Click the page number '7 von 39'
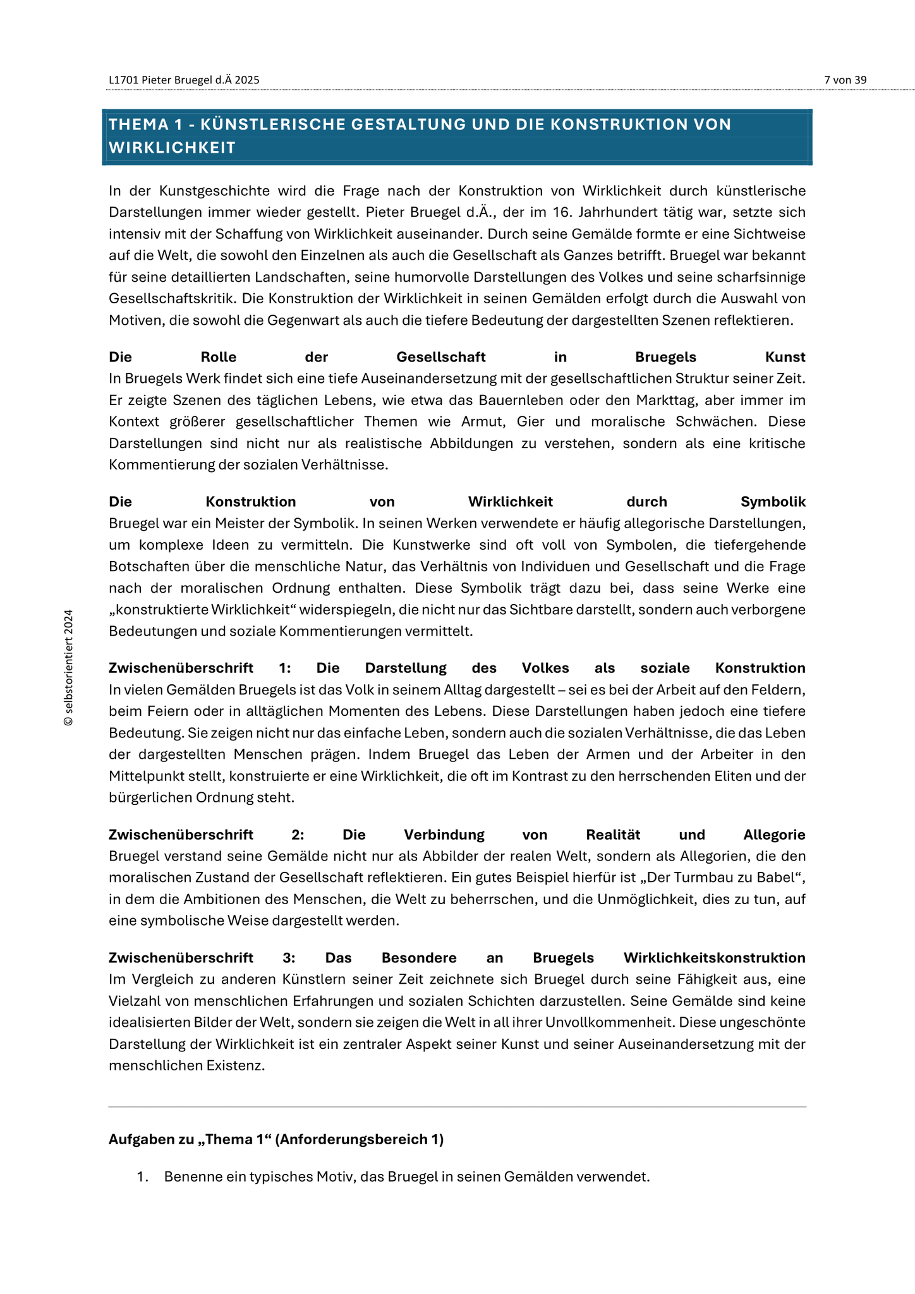tap(845, 80)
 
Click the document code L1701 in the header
tap(123, 80)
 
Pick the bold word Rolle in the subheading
tap(218, 357)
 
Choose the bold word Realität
tap(613, 835)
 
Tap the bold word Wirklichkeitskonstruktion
tap(714, 958)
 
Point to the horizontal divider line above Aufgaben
tap(457, 1107)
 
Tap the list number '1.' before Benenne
tap(143, 1177)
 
